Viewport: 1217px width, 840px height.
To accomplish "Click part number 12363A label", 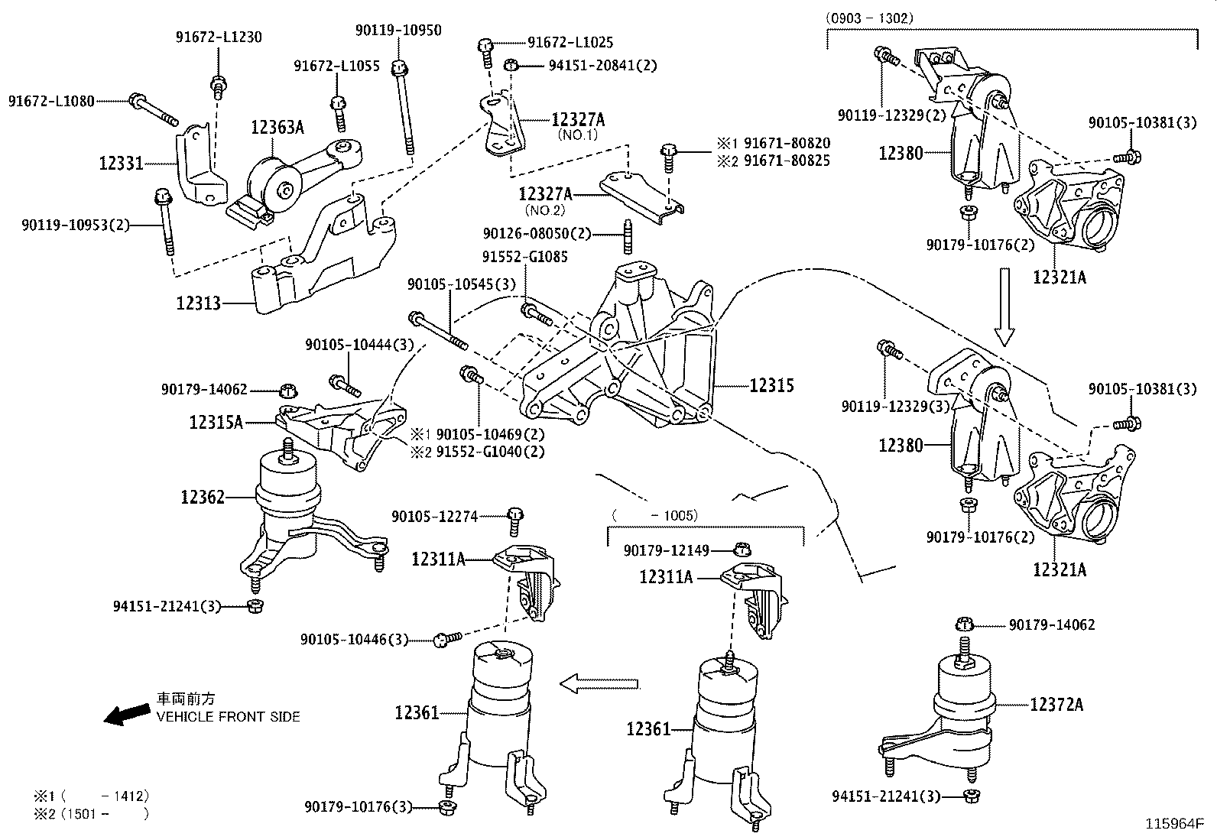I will click(x=277, y=128).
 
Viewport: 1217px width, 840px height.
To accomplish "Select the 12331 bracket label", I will click(x=121, y=163).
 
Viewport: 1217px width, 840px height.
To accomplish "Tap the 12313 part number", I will click(x=198, y=303).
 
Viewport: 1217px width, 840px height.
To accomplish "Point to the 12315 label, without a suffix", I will click(x=771, y=385).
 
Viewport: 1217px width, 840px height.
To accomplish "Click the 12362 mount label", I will click(x=203, y=498).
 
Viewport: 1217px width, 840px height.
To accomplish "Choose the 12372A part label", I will click(x=1056, y=704).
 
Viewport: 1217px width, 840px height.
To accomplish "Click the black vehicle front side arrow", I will click(x=127, y=714).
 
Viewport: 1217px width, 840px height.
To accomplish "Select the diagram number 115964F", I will click(x=1173, y=825).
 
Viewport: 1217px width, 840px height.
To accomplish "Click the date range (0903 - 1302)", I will click(x=869, y=18).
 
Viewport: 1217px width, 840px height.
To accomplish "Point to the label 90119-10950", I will click(x=398, y=31).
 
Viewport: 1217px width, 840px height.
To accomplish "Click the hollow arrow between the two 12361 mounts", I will click(x=599, y=683).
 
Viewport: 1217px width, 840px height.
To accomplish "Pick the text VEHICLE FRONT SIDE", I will click(x=228, y=717).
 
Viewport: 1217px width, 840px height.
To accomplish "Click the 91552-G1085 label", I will click(x=524, y=257).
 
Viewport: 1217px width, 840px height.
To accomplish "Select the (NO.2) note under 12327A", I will click(x=544, y=209).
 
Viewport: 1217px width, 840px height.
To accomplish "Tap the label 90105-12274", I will click(x=434, y=517).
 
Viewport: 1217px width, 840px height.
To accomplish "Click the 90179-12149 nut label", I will click(x=666, y=550).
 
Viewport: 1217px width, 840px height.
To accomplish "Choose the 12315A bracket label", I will click(x=216, y=421).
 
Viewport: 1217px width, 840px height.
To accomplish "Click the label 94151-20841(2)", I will click(x=602, y=66).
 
